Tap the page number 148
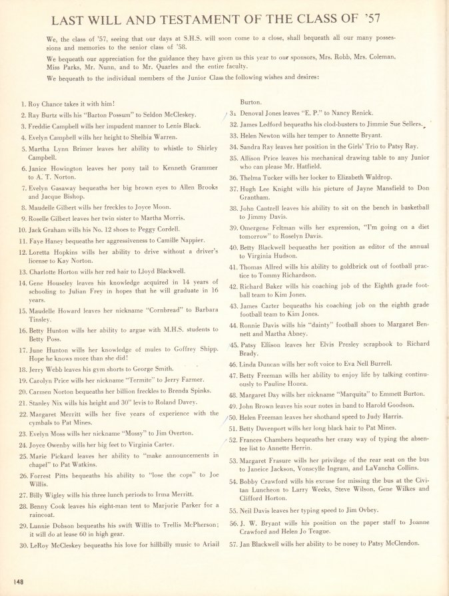point(17,583)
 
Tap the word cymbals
point(43,422)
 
